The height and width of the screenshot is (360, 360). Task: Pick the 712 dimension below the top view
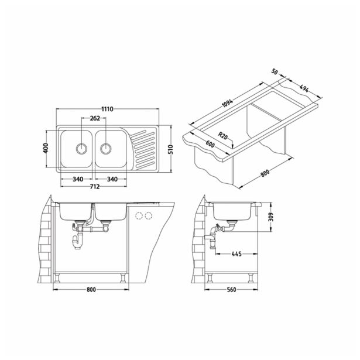tap(94, 187)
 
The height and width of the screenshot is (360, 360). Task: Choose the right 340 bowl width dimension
tap(115, 179)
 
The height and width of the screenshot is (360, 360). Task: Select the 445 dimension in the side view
tap(237, 253)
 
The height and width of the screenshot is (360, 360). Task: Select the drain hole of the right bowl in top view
tap(105, 148)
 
